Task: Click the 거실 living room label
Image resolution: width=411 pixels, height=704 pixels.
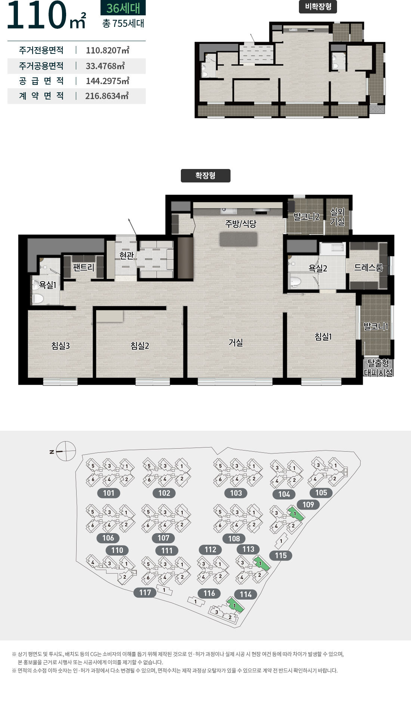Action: [x=236, y=342]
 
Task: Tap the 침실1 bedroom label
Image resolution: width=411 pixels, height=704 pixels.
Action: [x=323, y=336]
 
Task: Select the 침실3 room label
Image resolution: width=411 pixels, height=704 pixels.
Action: [x=61, y=345]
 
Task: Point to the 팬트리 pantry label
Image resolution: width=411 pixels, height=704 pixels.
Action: [x=83, y=267]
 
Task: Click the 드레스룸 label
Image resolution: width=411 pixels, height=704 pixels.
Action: [x=368, y=267]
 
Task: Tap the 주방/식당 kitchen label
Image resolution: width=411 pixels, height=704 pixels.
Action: [x=241, y=224]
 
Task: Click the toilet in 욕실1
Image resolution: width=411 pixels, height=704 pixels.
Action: [x=37, y=298]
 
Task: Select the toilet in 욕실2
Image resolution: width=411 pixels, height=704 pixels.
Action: [x=295, y=281]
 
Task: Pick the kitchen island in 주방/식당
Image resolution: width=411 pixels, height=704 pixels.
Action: [x=239, y=239]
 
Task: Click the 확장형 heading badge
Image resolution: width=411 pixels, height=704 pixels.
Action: [x=205, y=176]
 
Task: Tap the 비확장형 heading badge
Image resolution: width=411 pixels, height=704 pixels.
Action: [x=318, y=7]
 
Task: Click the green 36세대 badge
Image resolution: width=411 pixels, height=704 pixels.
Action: [x=123, y=7]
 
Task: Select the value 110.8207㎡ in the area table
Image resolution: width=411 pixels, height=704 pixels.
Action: [x=108, y=50]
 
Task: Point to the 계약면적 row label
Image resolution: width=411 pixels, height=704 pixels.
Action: [x=41, y=96]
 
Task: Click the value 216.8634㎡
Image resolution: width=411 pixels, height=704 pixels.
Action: [x=107, y=96]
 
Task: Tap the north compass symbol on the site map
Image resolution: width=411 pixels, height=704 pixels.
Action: [x=65, y=451]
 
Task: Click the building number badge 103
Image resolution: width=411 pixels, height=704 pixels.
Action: [x=236, y=493]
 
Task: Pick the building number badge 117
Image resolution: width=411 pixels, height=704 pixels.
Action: [x=145, y=593]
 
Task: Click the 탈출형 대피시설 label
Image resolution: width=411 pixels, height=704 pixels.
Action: [x=378, y=368]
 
